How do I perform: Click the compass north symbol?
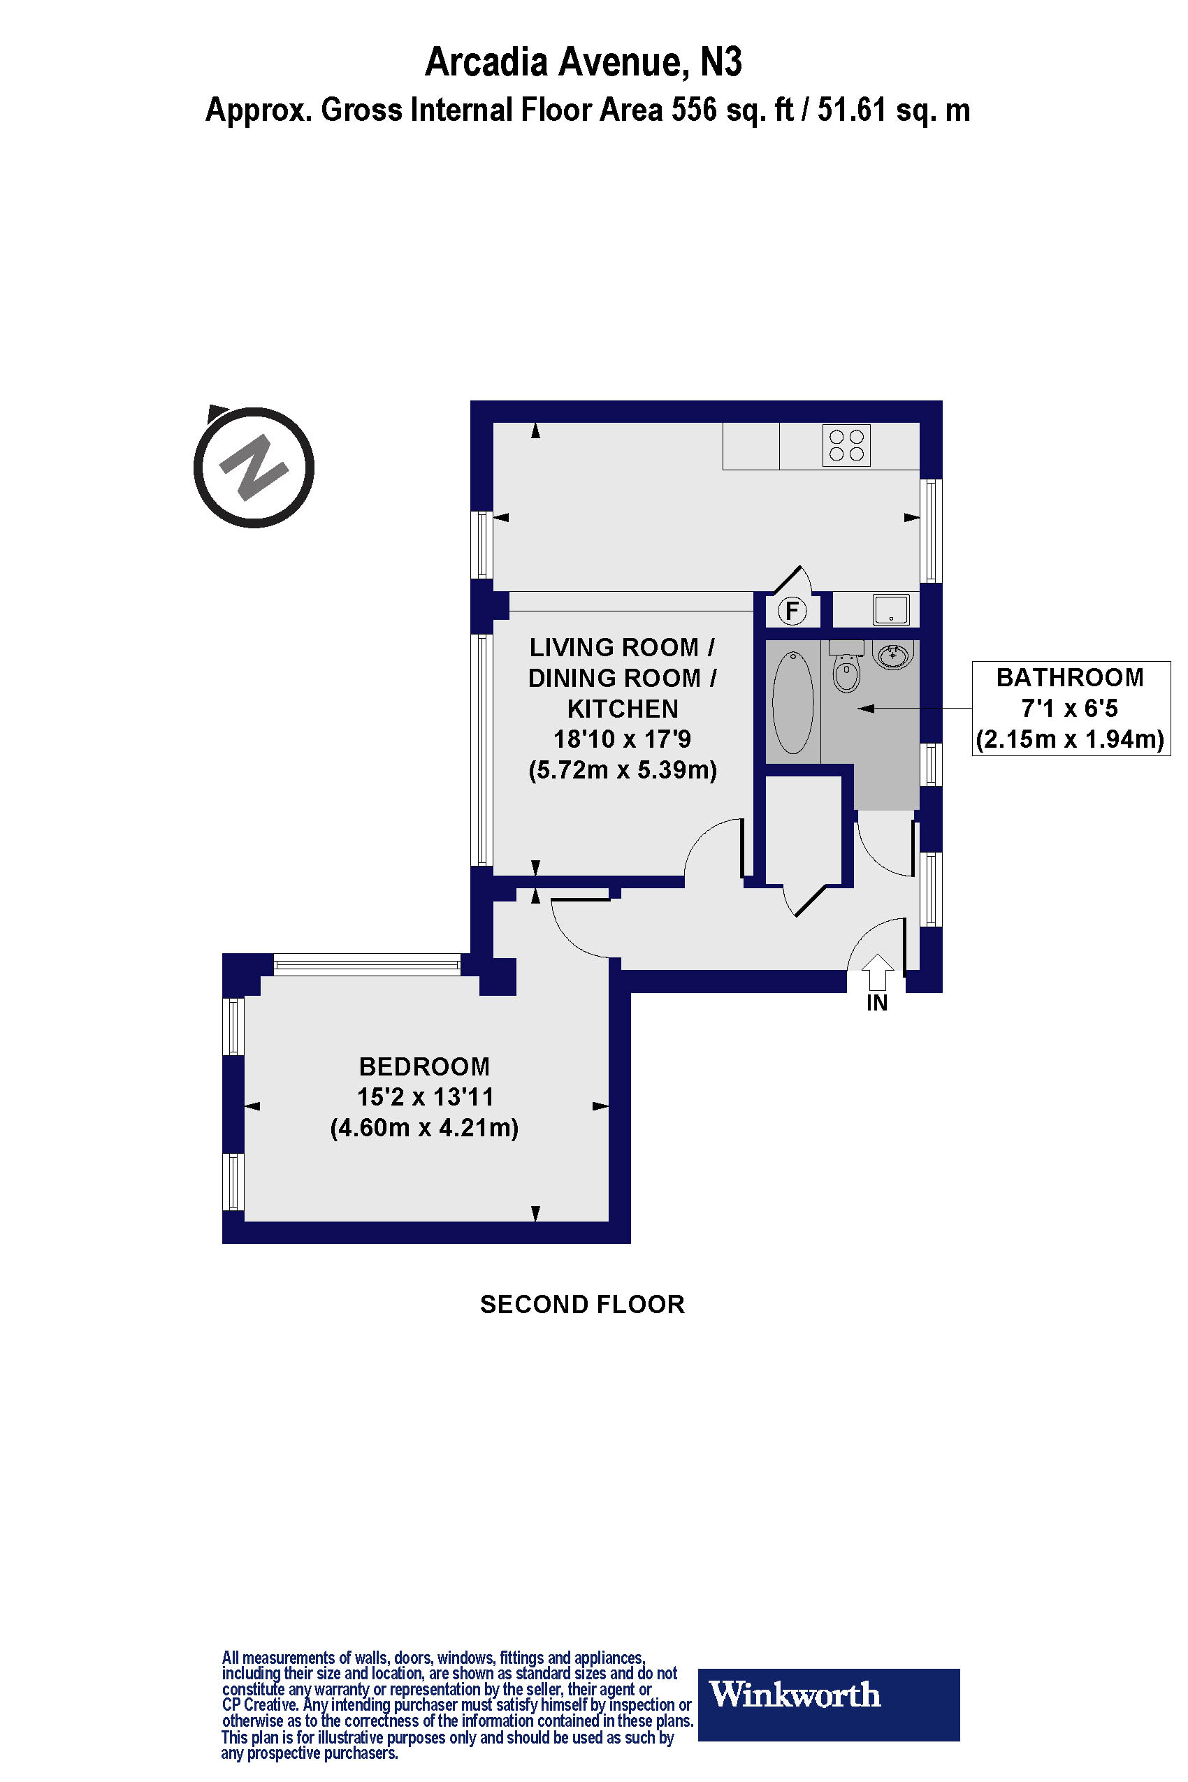254,468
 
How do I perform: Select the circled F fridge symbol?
792,610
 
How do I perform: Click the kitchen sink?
891,609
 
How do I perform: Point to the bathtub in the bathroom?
792,702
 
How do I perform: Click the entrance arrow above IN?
877,971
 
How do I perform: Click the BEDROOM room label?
424,1067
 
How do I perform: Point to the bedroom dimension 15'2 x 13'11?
425,1097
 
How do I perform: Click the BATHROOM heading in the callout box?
1070,677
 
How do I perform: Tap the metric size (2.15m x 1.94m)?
1070,739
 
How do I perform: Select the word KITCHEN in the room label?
623,709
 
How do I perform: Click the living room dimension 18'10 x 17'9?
623,739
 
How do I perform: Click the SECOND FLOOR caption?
582,1305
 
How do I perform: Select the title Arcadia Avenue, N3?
584,62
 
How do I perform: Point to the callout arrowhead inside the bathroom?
866,709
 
